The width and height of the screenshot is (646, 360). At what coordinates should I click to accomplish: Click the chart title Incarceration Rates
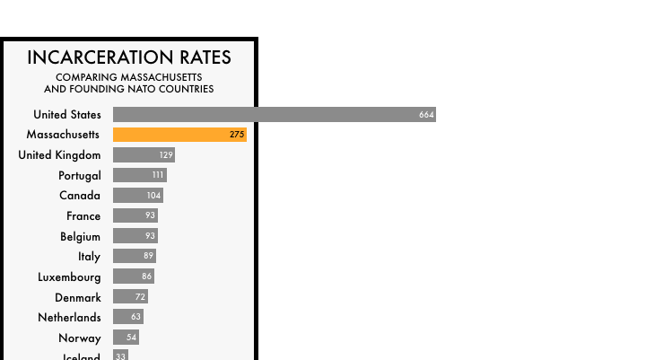[129, 57]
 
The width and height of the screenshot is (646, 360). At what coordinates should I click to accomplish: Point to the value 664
[426, 115]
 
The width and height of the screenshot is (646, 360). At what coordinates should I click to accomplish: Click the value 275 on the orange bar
[237, 135]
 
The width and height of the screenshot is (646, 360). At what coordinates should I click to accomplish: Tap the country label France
[83, 216]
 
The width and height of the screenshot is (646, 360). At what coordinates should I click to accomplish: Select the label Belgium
[81, 236]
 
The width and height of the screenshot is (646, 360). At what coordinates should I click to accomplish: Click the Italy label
[90, 257]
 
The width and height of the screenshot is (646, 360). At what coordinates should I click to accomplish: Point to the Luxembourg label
[69, 277]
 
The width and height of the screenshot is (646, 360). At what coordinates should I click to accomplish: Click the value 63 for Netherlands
[135, 317]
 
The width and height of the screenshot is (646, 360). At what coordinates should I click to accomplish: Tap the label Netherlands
[69, 318]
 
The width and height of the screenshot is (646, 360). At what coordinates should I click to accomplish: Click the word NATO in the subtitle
[144, 89]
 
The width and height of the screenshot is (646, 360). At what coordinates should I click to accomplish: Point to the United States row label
[67, 115]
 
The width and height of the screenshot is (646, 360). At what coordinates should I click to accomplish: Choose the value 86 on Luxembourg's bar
[146, 277]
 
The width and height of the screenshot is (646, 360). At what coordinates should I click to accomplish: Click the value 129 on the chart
[166, 155]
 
